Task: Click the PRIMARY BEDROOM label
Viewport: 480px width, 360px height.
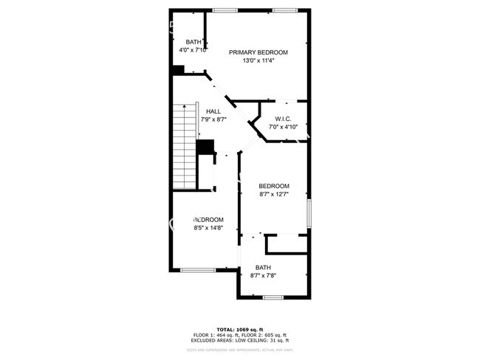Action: (258, 52)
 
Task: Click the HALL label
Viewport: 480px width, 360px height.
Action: (213, 111)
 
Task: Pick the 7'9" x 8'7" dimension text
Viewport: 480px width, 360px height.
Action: (213, 120)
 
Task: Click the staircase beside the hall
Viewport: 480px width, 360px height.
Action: (185, 146)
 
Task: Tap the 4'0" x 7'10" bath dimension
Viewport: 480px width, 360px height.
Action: (193, 50)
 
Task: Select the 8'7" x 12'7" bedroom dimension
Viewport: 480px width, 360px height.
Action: (274, 195)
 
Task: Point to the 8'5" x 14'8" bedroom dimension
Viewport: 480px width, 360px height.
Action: (208, 229)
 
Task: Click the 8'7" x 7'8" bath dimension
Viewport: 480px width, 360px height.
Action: (264, 276)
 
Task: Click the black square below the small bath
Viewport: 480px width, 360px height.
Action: (177, 70)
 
